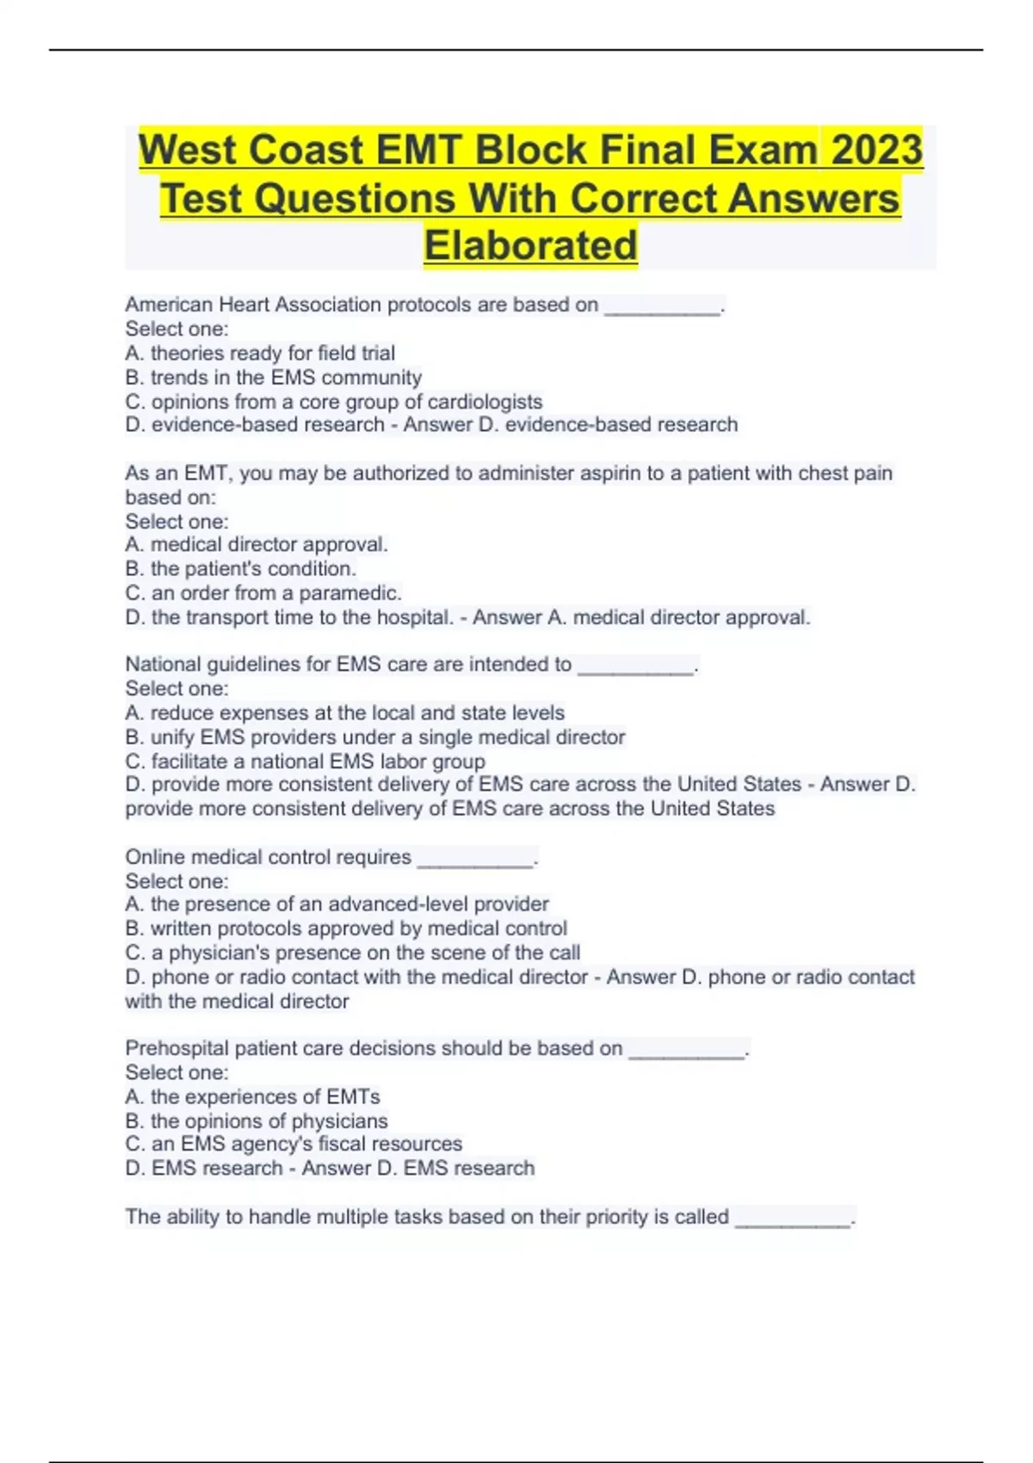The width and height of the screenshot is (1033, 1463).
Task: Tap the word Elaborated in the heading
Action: tap(530, 245)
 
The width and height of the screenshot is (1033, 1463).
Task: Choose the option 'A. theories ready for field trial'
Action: tap(260, 353)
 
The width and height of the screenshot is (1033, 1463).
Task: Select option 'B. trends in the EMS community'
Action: tap(274, 377)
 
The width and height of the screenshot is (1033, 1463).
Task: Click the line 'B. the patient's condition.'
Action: tap(240, 569)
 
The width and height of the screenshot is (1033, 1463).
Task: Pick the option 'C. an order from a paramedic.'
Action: tap(263, 593)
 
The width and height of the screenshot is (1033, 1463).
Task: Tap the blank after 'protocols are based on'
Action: tap(662, 307)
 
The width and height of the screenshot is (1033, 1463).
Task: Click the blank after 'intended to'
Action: tap(635, 667)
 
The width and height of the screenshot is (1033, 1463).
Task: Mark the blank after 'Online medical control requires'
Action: tap(475, 860)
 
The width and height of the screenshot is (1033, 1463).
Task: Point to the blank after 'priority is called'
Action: tap(793, 1219)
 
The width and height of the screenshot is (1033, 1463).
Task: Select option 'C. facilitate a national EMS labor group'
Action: tap(305, 761)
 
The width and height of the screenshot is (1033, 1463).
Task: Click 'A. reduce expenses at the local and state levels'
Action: tap(344, 713)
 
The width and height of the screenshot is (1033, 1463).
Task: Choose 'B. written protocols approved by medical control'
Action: tap(346, 928)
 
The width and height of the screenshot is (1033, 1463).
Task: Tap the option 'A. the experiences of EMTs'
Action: tap(252, 1096)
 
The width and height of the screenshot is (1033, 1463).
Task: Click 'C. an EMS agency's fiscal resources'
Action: tap(294, 1144)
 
